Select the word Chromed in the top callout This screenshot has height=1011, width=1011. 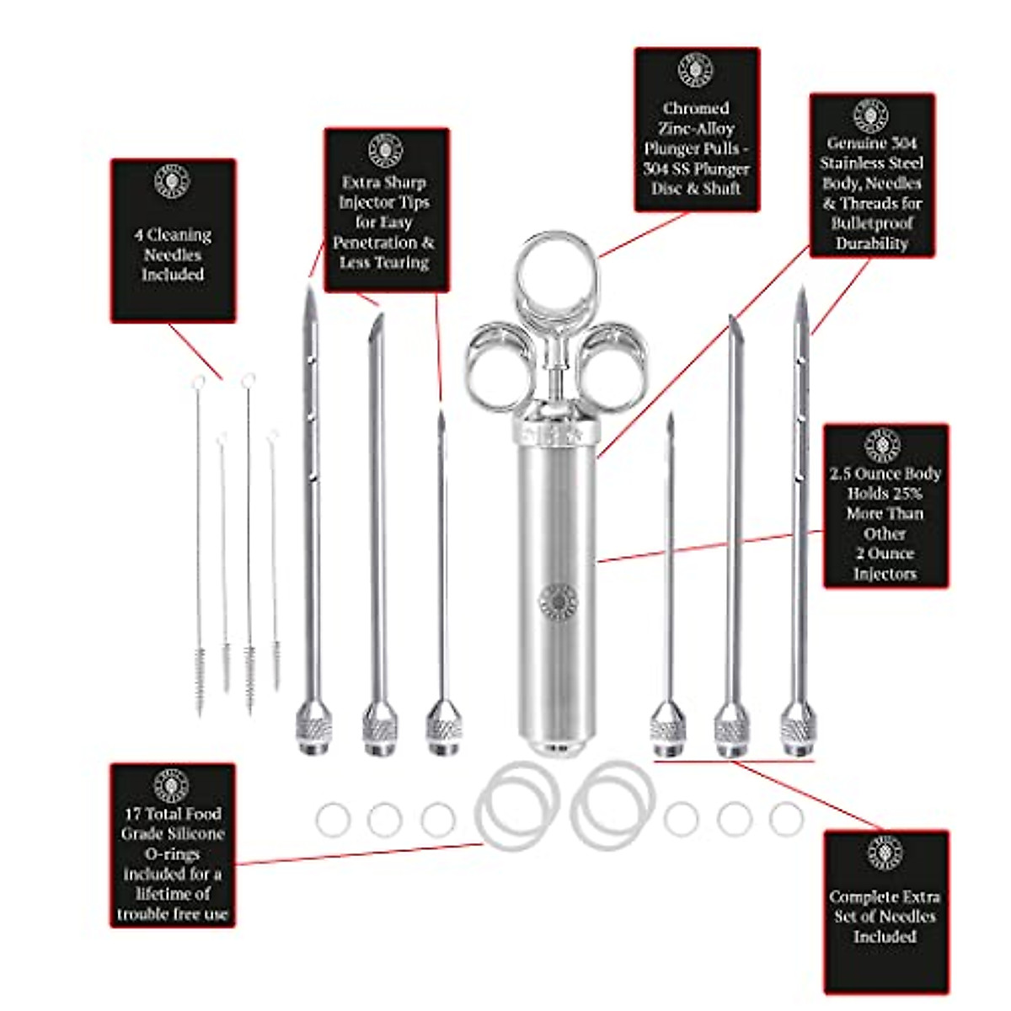[x=696, y=109]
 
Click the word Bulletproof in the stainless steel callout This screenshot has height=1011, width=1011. [x=872, y=223]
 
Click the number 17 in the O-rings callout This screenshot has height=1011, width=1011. [x=132, y=814]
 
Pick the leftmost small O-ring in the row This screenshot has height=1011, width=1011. [x=333, y=820]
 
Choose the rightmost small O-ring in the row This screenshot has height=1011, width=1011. [x=786, y=819]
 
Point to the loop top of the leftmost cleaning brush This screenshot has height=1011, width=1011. [x=199, y=384]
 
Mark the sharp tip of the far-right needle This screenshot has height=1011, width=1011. [x=802, y=293]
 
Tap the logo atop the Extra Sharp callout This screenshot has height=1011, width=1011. [x=386, y=150]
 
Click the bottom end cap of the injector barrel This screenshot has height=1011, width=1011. [x=557, y=748]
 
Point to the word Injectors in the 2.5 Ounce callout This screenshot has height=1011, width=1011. [x=885, y=574]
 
